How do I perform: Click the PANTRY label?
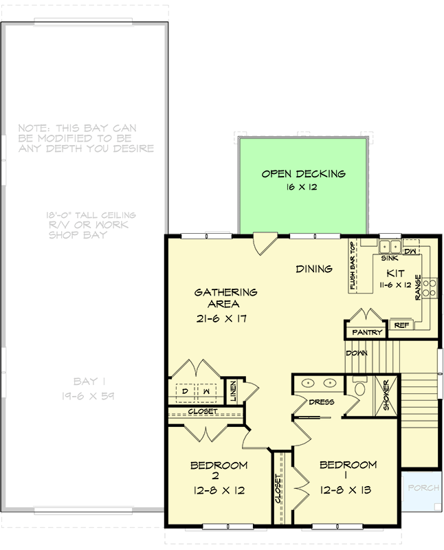[x=366, y=333]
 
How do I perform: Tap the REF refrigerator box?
[x=400, y=324]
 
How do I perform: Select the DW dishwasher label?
[x=410, y=252]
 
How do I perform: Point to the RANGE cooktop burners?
[x=430, y=288]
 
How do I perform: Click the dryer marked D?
[x=185, y=391]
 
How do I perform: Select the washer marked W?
[x=205, y=391]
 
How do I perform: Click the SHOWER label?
[x=386, y=395]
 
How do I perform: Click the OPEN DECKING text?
[x=303, y=174]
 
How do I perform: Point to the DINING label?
[x=314, y=269]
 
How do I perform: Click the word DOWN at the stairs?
[x=357, y=353]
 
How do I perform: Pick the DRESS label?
[x=321, y=402]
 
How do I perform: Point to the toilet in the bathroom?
[x=359, y=389]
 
